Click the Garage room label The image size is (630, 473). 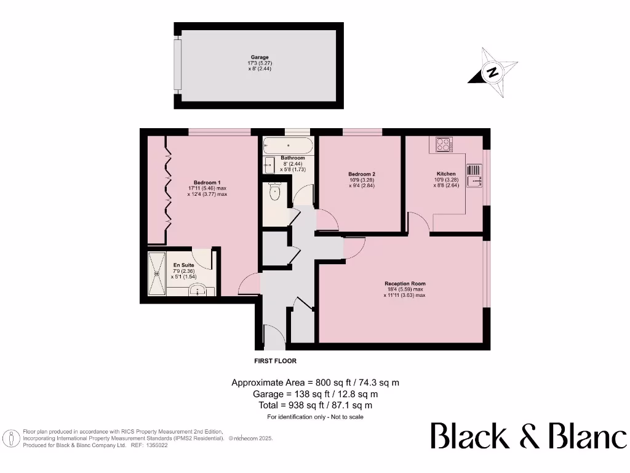pyautogui.click(x=255, y=57)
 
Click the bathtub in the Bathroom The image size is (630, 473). pyautogui.click(x=287, y=147)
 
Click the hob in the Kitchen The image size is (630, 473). pyautogui.click(x=443, y=144)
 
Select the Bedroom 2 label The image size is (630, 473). pyautogui.click(x=362, y=174)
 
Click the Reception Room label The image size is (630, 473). pyautogui.click(x=404, y=284)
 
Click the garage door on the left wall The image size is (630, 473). pyautogui.click(x=178, y=65)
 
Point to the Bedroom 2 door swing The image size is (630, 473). pyautogui.click(x=327, y=220)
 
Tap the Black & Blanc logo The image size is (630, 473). pyautogui.click(x=528, y=436)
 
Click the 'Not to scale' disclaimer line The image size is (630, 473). pyautogui.click(x=315, y=417)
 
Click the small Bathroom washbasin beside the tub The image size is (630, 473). pyautogui.click(x=269, y=164)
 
